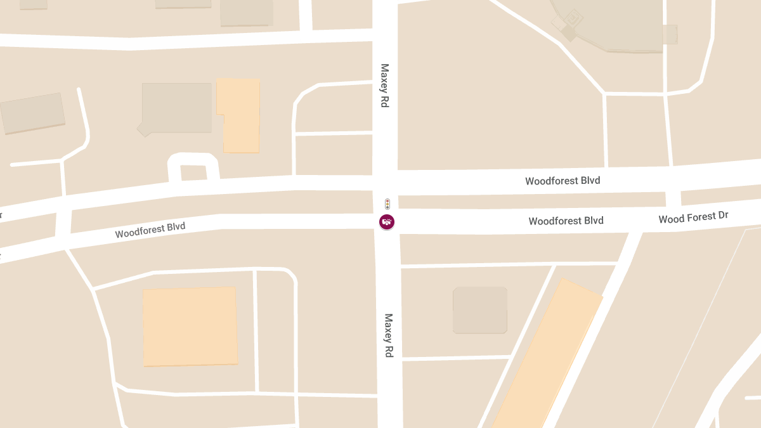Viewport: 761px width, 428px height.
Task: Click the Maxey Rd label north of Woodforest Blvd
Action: pos(384,85)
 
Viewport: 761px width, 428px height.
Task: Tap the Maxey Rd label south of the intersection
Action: pos(388,335)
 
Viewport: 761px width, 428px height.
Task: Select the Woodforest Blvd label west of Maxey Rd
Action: pos(150,230)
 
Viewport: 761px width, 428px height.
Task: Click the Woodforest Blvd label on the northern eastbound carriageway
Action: pos(563,181)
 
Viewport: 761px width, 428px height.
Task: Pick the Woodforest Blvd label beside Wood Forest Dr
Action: pos(566,221)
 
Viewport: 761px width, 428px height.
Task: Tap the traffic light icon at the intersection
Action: pos(387,204)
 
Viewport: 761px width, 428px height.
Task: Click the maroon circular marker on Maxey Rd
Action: pos(387,222)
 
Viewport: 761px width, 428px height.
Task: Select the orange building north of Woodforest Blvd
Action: pos(240,115)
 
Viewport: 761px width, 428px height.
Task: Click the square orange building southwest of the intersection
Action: pos(190,327)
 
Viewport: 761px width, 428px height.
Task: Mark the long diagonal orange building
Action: pos(547,355)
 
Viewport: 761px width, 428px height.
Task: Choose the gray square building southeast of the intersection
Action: pos(480,310)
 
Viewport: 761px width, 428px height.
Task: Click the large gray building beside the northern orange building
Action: pos(177,108)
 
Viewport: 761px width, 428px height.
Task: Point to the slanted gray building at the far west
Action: pos(32,113)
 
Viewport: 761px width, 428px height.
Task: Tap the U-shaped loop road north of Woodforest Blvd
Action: pos(193,162)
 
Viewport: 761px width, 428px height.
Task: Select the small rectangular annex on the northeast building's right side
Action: pos(670,34)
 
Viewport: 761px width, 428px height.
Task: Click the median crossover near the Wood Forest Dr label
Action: pos(673,198)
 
